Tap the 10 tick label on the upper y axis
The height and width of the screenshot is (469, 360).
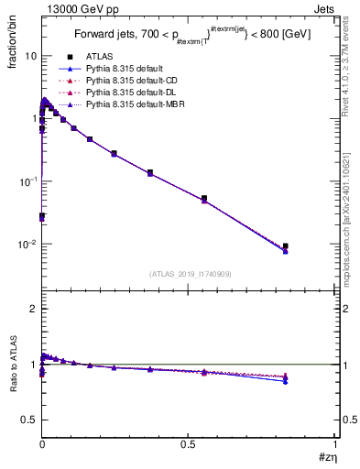(x=30, y=56)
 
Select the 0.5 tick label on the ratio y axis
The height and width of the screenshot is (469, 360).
(x=29, y=420)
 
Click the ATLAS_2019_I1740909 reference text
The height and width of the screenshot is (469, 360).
(x=189, y=274)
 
